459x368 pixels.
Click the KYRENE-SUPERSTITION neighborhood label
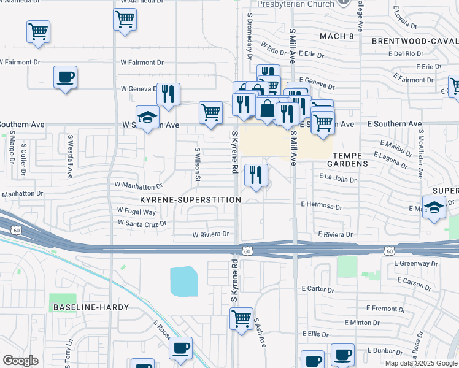point(190,200)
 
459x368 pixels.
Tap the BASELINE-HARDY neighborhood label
point(91,307)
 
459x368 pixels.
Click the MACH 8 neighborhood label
point(337,37)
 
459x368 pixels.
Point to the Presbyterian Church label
point(296,4)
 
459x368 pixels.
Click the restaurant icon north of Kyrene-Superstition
point(256,175)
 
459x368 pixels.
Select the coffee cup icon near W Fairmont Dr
point(65,77)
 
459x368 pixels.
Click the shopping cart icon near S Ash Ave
point(241,318)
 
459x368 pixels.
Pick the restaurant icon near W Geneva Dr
point(168,94)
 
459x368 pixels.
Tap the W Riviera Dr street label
point(210,234)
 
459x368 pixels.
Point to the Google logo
point(20,361)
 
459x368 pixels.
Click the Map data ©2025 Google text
point(421,362)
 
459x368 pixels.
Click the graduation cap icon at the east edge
point(434,207)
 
